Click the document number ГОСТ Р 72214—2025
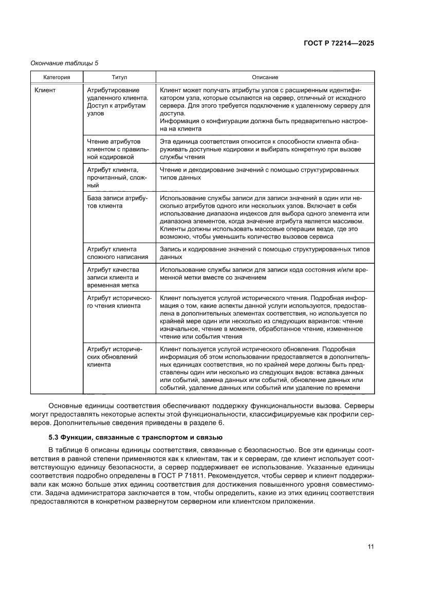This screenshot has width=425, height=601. point(337,43)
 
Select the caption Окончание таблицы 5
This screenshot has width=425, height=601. point(65,63)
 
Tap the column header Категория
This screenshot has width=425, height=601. point(56,77)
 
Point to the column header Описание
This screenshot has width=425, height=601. point(265,77)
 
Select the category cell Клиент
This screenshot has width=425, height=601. point(45,90)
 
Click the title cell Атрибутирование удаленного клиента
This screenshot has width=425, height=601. point(118,102)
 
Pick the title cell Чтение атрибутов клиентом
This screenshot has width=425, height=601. point(118,149)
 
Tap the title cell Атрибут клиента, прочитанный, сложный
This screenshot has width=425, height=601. point(118,177)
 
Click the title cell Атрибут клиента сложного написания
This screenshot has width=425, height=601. point(118,252)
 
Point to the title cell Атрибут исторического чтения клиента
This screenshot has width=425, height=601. point(118,301)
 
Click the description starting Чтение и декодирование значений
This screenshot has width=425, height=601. point(260,173)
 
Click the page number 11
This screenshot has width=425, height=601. point(370,547)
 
